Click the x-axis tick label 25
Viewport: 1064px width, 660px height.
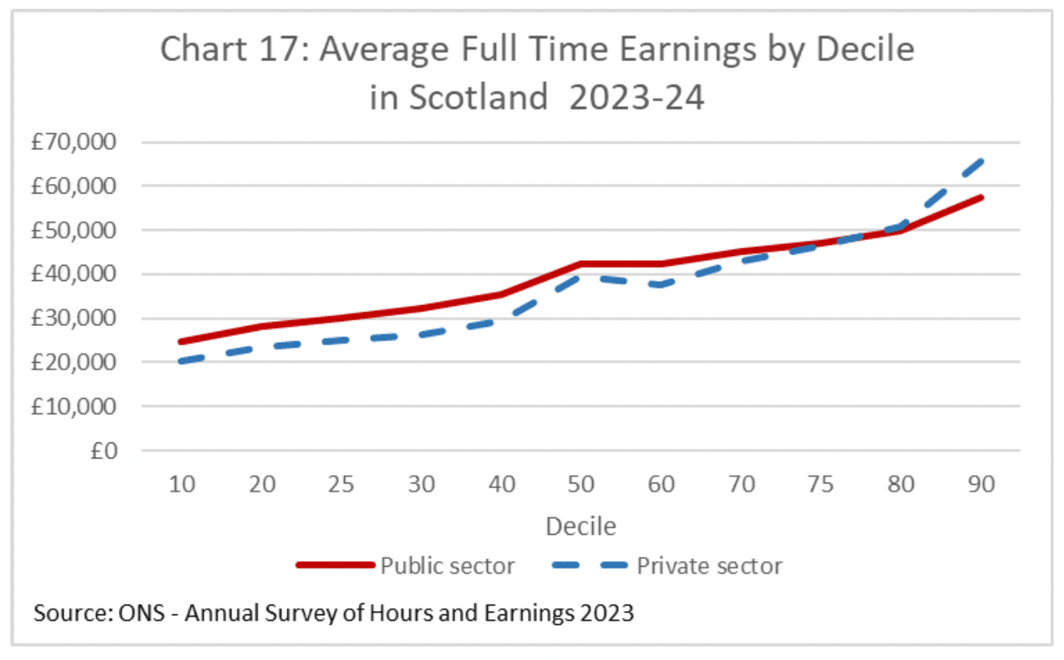click(342, 485)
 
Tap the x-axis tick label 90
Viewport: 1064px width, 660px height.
click(981, 485)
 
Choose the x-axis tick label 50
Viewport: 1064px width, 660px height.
click(582, 485)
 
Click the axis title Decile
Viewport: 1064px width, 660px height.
click(581, 526)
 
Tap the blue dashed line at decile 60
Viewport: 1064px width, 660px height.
click(662, 285)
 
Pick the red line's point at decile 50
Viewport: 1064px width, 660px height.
click(582, 263)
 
